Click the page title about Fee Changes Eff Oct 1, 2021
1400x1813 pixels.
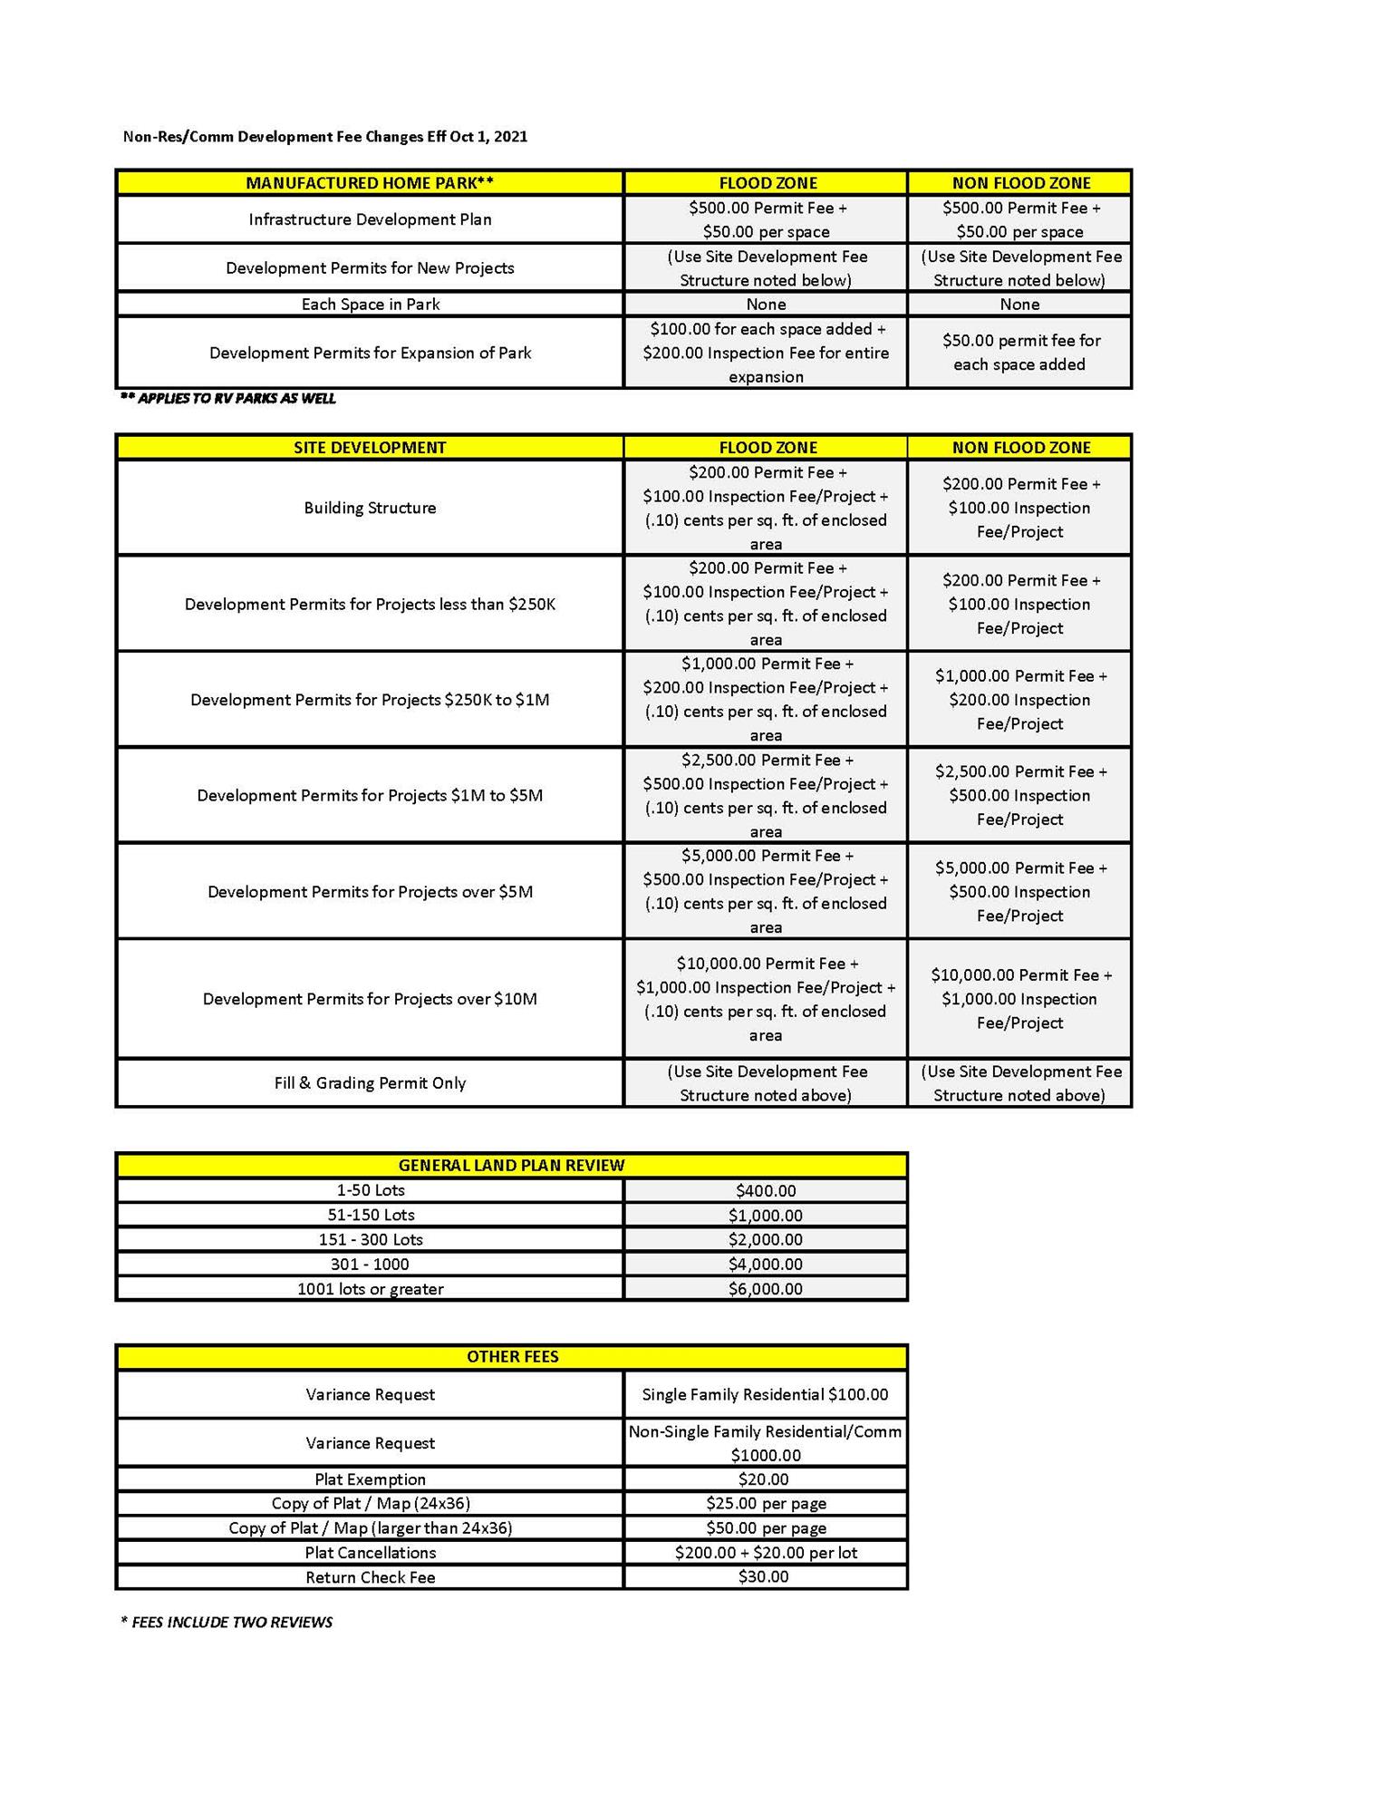click(325, 137)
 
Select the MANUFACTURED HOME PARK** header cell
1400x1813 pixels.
click(370, 183)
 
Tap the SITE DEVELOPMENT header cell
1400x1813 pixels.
click(370, 448)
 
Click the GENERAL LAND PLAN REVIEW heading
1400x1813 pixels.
click(512, 1166)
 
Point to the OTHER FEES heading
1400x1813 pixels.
click(512, 1357)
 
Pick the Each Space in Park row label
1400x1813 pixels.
click(370, 305)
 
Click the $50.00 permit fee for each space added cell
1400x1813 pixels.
click(1019, 353)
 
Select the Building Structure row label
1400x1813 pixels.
click(370, 509)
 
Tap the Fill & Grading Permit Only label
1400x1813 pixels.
click(370, 1083)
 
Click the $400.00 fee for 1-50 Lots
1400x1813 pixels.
click(766, 1191)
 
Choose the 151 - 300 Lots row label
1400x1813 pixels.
click(370, 1240)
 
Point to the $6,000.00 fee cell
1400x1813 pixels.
click(766, 1289)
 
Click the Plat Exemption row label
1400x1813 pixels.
click(370, 1479)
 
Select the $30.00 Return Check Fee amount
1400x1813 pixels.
click(764, 1577)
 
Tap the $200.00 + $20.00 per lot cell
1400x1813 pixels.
click(766, 1553)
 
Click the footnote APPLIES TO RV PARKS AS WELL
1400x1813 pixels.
click(228, 399)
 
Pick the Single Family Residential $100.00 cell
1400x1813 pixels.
click(766, 1395)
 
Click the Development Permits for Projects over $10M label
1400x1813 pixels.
click(370, 999)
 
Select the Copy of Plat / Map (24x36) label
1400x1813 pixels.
click(370, 1504)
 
